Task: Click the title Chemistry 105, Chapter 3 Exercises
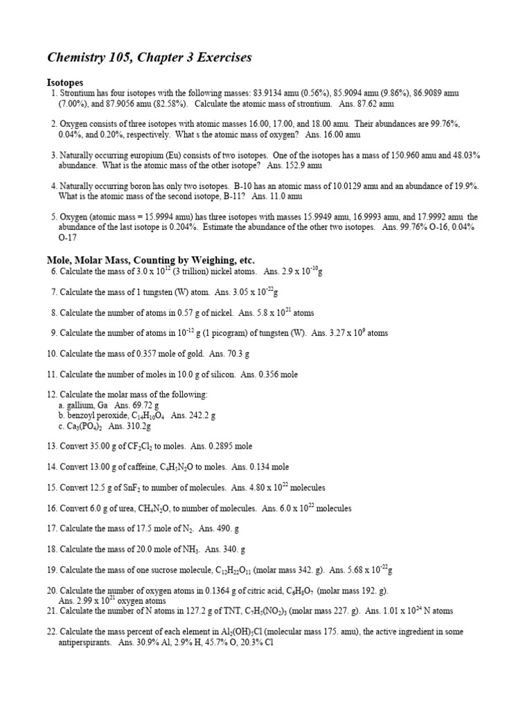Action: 149,57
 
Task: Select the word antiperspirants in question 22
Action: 85,643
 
